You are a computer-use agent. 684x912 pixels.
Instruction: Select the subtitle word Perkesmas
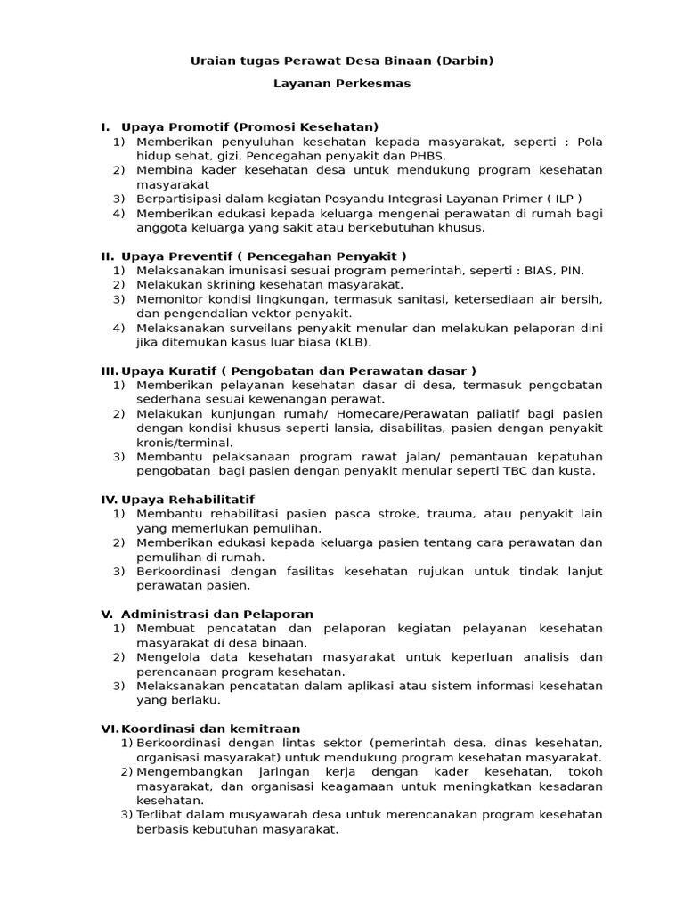tap(374, 83)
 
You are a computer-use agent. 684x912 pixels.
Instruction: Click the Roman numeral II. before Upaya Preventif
tap(108, 256)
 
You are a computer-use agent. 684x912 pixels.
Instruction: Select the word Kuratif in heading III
tap(189, 370)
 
